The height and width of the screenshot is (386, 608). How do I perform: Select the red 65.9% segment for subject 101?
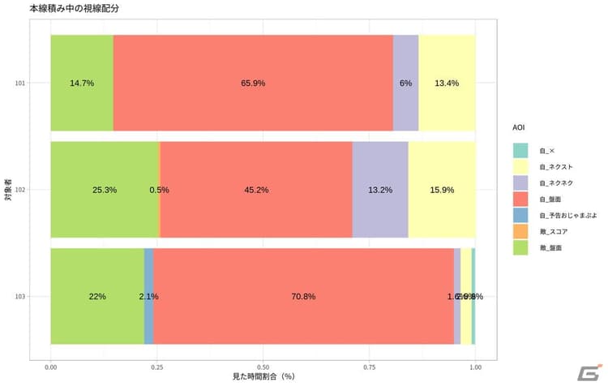[x=253, y=83]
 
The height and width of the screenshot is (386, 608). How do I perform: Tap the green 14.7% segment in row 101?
[x=82, y=83]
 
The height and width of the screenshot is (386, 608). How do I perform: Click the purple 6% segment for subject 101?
[x=405, y=83]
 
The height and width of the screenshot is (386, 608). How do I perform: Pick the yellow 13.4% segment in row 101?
[x=447, y=83]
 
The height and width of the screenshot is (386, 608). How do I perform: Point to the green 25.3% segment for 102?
[x=105, y=190]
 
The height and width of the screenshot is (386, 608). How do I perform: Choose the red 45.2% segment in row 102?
[x=256, y=190]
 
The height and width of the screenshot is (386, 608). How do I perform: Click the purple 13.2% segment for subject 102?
[x=380, y=190]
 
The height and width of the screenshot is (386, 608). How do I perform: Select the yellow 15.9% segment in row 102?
[x=442, y=190]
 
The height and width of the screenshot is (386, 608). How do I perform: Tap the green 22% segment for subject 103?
[x=97, y=296]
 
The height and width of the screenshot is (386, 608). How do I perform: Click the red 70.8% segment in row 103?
[x=303, y=296]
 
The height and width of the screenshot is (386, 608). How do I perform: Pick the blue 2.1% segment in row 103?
[x=148, y=296]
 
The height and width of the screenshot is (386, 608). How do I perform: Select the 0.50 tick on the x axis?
[x=263, y=367]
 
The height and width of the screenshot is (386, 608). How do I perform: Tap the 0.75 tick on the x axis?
[x=369, y=367]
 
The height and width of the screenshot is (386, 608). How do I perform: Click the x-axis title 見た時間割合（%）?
[x=264, y=378]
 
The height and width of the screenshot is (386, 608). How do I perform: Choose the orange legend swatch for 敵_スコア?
[x=520, y=230]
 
